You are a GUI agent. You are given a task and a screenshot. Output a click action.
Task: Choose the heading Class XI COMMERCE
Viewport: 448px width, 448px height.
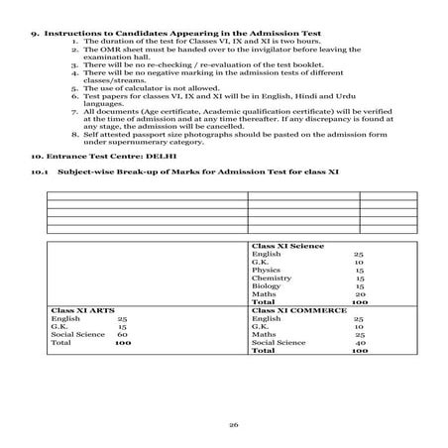(x=299, y=310)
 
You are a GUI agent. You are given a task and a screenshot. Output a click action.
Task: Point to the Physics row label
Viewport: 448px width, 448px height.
(x=266, y=269)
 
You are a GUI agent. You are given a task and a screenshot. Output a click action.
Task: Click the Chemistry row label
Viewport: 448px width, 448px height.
(x=270, y=278)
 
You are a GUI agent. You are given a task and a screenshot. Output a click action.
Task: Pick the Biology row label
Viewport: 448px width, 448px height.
(x=267, y=285)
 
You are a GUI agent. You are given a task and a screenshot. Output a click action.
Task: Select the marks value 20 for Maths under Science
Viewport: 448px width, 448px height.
(x=360, y=293)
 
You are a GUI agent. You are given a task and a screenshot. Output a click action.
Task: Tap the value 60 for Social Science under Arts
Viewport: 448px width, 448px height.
(x=122, y=335)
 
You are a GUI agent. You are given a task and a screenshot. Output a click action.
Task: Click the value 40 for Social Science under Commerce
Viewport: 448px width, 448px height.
(x=360, y=343)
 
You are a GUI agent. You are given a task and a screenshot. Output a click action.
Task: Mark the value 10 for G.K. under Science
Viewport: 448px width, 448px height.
(x=360, y=261)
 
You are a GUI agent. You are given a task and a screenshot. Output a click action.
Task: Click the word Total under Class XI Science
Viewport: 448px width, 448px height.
(x=264, y=301)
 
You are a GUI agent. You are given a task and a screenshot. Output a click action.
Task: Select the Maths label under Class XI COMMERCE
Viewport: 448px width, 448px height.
(x=264, y=335)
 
